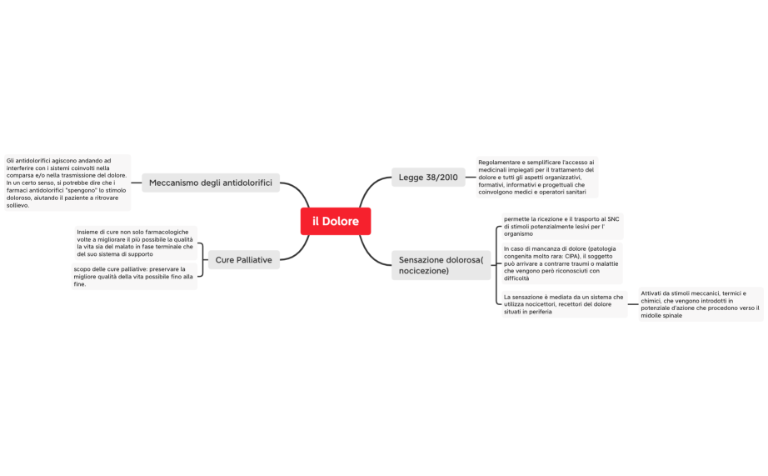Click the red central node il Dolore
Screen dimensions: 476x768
point(336,222)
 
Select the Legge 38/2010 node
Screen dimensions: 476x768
point(428,178)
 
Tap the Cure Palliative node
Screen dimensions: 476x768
point(243,260)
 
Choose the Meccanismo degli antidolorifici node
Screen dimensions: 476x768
point(211,183)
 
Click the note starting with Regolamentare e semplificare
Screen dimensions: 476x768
point(536,177)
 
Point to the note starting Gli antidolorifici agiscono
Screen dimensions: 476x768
point(67,183)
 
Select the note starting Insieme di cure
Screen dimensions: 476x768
point(135,243)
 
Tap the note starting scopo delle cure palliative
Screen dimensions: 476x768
point(134,277)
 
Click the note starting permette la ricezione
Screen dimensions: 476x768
point(561,226)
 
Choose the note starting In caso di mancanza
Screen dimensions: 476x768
point(561,263)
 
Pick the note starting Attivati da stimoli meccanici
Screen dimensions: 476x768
point(701,304)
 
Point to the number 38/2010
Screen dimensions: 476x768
point(441,178)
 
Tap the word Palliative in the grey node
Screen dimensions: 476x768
point(254,260)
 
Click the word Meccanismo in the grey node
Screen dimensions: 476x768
point(174,183)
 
